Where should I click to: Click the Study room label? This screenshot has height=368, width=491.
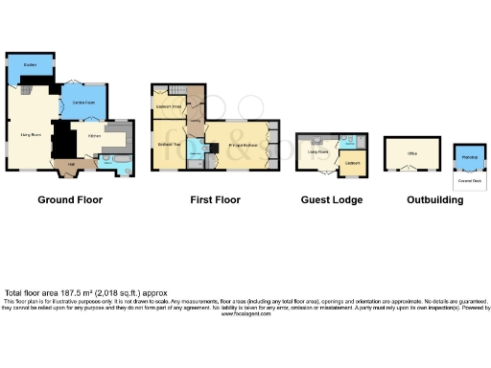point(30,65)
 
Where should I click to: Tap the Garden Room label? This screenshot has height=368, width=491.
point(82,101)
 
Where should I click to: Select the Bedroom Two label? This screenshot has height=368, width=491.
point(169,144)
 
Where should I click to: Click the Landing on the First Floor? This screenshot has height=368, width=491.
point(195,122)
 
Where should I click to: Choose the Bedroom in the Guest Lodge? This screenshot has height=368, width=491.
point(352,163)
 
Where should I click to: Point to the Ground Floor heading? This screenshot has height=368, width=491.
point(70,200)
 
